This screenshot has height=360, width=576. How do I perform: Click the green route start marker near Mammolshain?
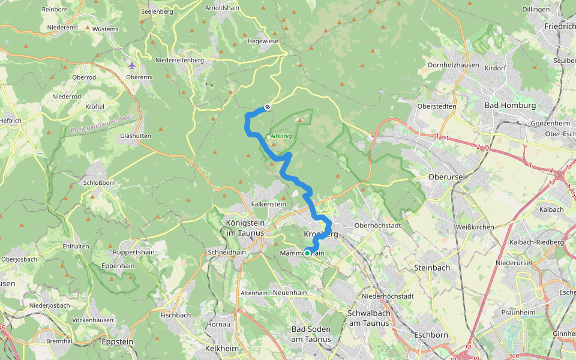[x=307, y=253]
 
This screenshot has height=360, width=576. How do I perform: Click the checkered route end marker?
[x=268, y=107]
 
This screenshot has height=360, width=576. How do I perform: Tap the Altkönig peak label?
[x=281, y=136]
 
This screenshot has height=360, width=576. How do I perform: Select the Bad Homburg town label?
[x=510, y=106]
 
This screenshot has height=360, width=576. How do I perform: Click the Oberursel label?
[x=448, y=178]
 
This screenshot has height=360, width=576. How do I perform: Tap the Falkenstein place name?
[x=268, y=204]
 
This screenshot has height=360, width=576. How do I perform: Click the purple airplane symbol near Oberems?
[x=132, y=65]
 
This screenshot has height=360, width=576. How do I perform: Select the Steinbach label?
[x=432, y=268]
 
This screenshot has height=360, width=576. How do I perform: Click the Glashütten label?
[x=135, y=136]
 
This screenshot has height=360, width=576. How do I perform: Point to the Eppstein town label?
[x=118, y=342]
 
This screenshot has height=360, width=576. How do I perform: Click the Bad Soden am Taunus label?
[x=311, y=334]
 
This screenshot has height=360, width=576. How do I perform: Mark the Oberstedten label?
[x=438, y=106]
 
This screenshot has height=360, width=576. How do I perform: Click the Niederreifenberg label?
[x=179, y=60]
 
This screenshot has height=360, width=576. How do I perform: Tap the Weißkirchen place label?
[x=475, y=227]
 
